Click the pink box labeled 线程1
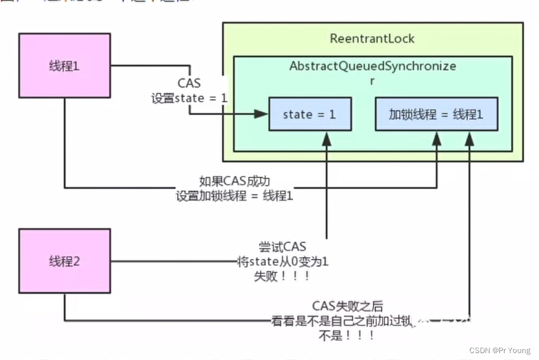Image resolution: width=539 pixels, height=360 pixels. (64, 66)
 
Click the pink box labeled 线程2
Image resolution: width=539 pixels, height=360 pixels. (64, 261)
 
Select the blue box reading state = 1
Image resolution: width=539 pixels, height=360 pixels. (309, 114)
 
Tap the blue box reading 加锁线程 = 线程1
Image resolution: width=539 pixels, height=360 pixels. (436, 114)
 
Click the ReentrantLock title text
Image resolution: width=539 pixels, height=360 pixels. (372, 39)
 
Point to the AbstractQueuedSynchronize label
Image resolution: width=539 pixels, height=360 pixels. (372, 66)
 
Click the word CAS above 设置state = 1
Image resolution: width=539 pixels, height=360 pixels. (189, 84)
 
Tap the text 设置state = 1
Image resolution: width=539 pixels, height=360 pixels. (189, 98)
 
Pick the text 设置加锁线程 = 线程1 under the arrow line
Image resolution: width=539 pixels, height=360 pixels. (234, 196)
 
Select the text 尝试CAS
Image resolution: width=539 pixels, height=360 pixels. (282, 248)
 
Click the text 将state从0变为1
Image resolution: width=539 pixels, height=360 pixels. (282, 262)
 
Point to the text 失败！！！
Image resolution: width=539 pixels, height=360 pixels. (282, 277)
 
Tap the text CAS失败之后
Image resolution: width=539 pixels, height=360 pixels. (347, 307)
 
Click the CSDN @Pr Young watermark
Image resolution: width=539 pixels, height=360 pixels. (499, 350)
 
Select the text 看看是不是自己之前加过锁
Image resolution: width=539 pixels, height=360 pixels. (342, 321)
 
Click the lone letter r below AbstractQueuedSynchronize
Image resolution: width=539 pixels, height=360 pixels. (372, 81)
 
